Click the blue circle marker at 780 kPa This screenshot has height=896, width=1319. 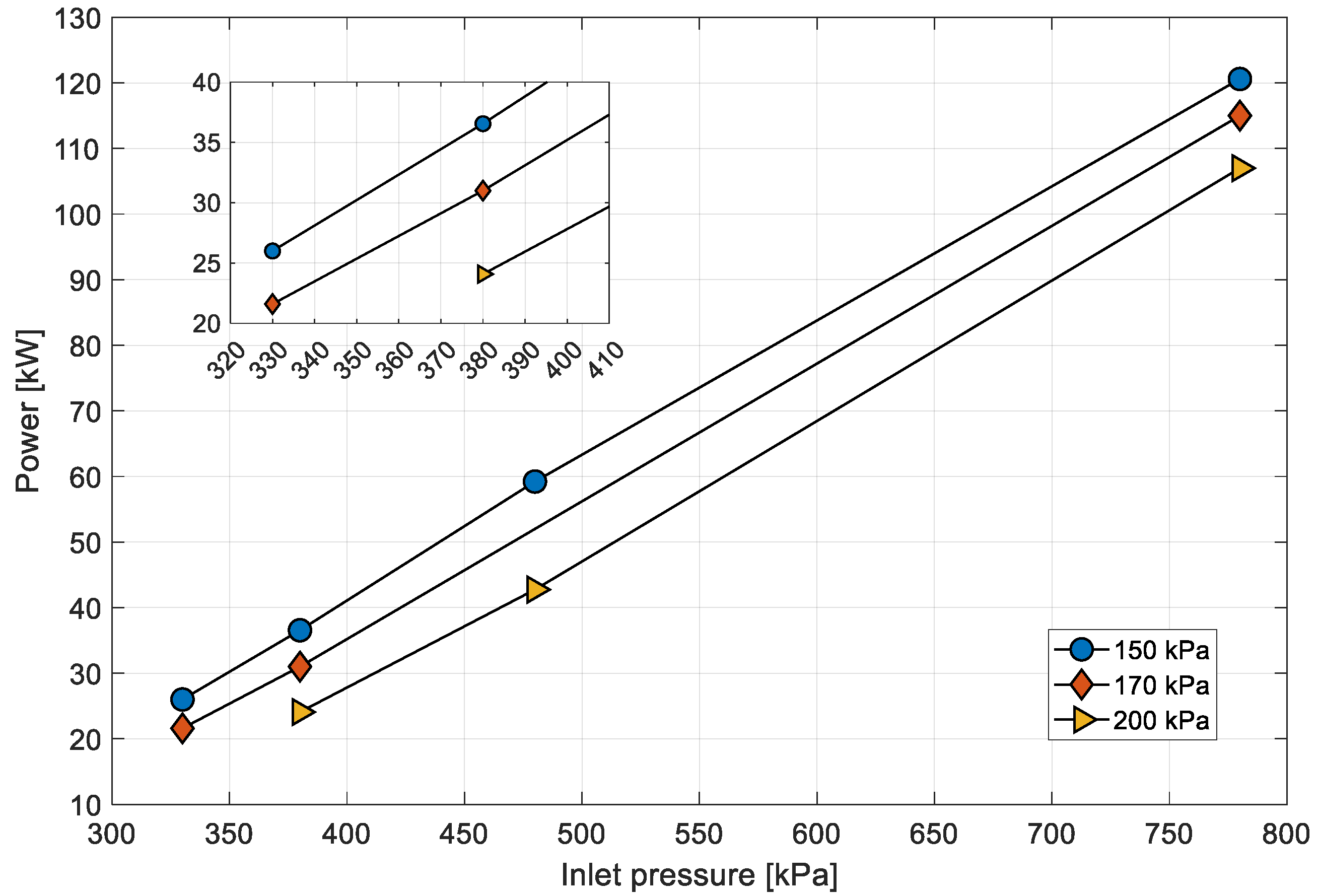[1239, 79]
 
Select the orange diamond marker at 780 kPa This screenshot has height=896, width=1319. [1239, 115]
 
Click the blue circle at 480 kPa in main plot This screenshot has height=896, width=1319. [535, 481]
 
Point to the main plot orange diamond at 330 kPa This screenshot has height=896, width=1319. [182, 728]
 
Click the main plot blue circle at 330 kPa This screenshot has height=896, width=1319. [182, 699]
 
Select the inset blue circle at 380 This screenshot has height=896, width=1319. [482, 124]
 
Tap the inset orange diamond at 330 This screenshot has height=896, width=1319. [272, 304]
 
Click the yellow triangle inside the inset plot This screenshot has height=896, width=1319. [483, 274]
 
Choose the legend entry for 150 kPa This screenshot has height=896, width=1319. [1161, 650]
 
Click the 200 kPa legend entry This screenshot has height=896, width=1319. [1161, 721]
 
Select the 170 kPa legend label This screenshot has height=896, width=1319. [1161, 685]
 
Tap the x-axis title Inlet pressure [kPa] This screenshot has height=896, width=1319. [699, 874]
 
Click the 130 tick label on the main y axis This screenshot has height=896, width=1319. [78, 19]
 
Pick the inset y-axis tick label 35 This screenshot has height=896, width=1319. [206, 143]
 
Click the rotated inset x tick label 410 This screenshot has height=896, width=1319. [606, 361]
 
